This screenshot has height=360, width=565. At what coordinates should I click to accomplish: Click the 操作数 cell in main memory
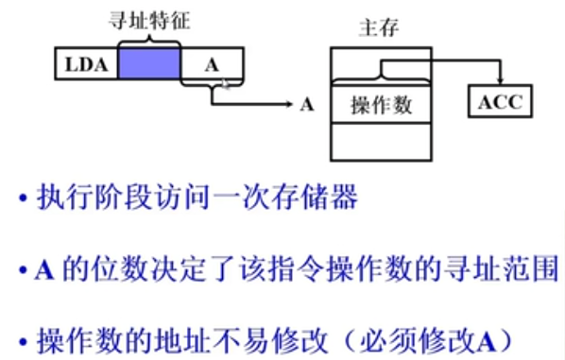click(381, 105)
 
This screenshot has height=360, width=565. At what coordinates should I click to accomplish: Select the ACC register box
click(500, 102)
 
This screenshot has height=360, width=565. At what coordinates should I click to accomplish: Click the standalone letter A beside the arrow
click(306, 104)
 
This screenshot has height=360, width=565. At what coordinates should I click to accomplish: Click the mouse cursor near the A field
click(225, 84)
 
